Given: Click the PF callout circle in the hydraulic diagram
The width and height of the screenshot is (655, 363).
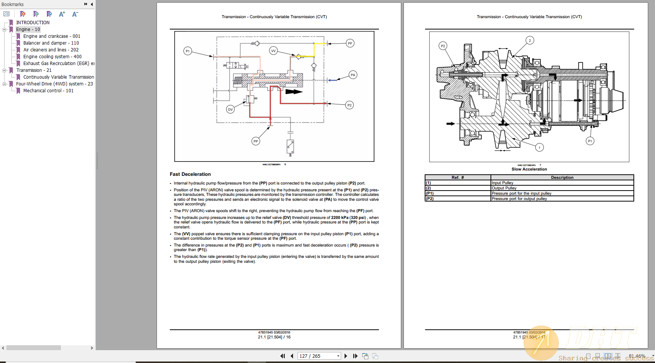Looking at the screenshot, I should [350, 43].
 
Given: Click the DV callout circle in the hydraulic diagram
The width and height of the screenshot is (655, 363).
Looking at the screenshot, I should [230, 109].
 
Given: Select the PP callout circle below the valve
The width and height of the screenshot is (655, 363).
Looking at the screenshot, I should [256, 141].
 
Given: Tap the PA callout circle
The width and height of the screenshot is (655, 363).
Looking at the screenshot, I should [353, 75].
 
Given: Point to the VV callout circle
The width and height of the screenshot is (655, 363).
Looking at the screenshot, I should [273, 51].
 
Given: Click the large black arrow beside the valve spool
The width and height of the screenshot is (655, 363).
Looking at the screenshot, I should [294, 92].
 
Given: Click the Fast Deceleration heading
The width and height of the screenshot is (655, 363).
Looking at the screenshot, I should [190, 174].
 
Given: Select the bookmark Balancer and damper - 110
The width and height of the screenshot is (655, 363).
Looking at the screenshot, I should [51, 43].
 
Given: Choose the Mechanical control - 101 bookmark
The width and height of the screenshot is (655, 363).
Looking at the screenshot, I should [48, 91].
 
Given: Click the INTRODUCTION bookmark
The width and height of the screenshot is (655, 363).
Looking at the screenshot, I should [33, 23].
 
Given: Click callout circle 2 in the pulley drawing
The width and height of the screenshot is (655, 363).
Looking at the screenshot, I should [530, 40].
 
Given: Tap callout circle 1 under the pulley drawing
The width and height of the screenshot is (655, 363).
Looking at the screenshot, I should [540, 147].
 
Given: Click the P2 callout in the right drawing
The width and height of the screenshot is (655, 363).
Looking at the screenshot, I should [443, 46].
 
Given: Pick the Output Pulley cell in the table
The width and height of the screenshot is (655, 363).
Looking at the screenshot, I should [504, 188].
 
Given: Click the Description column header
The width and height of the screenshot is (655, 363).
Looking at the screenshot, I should [562, 177].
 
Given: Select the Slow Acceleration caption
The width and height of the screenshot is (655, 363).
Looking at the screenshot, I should [529, 169].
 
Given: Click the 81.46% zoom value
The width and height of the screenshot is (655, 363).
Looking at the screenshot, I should [637, 356].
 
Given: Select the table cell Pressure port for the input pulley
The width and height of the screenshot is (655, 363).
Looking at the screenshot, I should [522, 193].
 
